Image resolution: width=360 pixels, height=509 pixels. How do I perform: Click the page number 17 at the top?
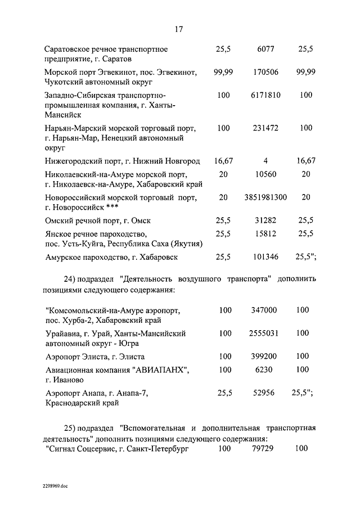179,30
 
